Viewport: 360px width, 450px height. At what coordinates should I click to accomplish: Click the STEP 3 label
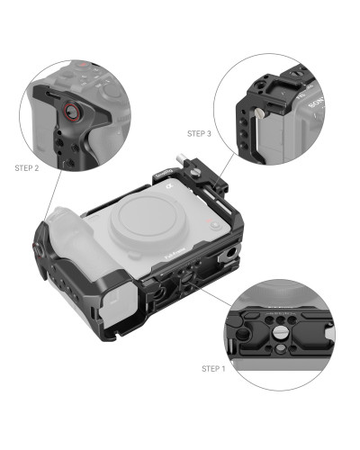[199, 133]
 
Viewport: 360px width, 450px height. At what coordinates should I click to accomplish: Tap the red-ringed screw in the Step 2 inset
[67, 114]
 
